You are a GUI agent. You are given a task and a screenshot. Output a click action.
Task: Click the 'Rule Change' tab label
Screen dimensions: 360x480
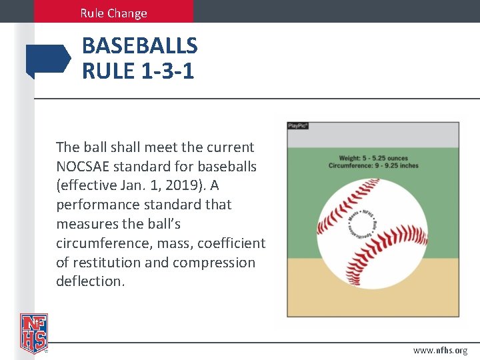113,13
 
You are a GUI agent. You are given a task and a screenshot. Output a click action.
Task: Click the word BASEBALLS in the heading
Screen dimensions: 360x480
139,46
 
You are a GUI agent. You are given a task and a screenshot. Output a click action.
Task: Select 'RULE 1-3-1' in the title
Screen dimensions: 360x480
138,70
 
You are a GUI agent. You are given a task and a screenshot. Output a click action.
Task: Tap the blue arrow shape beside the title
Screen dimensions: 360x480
48,59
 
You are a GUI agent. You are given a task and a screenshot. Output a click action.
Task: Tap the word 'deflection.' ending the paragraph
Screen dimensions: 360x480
90,281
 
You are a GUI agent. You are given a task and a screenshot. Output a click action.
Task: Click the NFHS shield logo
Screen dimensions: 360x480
33,333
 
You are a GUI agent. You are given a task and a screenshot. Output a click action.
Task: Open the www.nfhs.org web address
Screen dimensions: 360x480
440,350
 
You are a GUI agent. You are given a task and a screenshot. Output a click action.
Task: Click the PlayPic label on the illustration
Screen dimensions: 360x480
298,125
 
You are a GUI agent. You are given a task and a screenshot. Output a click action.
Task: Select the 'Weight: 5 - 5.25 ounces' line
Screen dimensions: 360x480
373,158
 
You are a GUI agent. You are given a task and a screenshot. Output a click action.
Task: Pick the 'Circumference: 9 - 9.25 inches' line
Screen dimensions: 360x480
373,165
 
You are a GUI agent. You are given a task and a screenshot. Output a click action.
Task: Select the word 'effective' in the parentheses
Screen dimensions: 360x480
89,185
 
